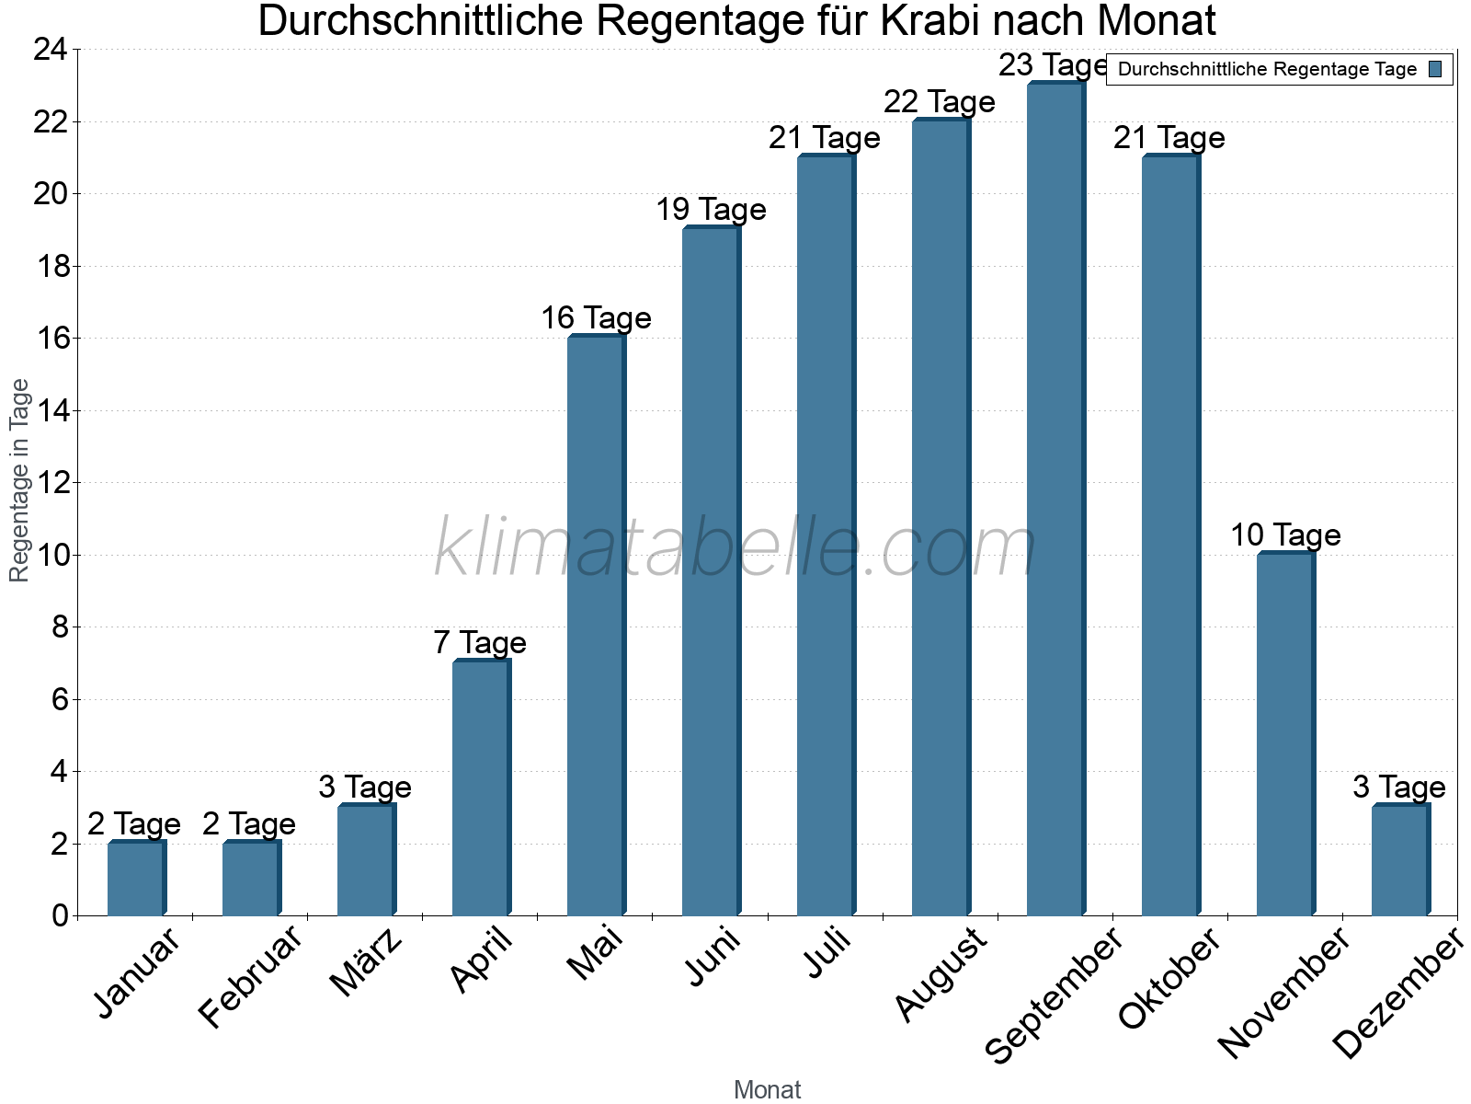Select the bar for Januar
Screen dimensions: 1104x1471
point(136,879)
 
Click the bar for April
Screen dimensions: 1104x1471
point(481,788)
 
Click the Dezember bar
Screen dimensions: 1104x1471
point(1400,860)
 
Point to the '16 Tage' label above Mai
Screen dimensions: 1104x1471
point(596,318)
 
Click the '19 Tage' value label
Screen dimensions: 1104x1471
point(711,210)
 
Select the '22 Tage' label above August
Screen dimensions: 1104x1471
point(940,102)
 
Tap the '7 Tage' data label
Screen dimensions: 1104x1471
point(480,643)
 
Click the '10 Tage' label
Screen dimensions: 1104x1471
point(1285,535)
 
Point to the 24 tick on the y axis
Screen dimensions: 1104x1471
point(51,50)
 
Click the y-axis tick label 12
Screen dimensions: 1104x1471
point(51,483)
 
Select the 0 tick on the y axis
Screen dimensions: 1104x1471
point(60,915)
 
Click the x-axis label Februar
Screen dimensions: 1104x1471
point(250,976)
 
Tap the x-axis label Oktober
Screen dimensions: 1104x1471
point(1169,978)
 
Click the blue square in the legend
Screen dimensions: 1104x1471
point(1435,69)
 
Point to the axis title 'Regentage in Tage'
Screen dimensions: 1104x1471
point(19,480)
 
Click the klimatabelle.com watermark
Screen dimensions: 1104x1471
point(735,548)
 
